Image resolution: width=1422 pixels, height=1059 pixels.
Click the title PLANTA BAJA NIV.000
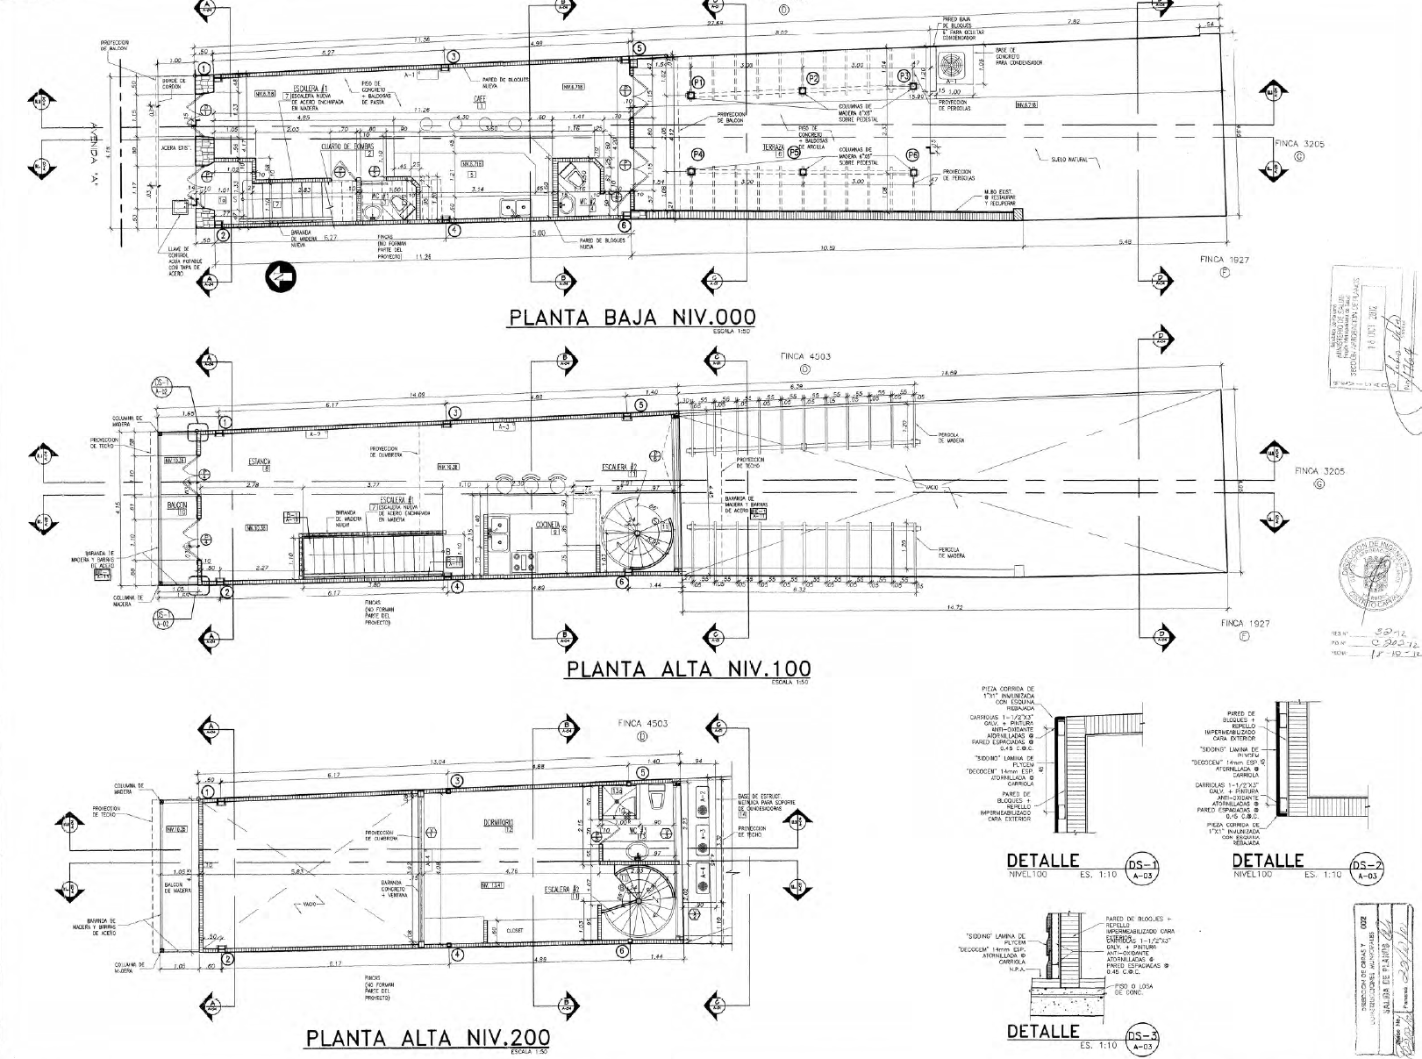[x=631, y=317]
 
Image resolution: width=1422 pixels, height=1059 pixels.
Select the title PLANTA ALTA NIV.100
[x=688, y=669]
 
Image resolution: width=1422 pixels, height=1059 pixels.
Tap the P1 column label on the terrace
[x=698, y=82]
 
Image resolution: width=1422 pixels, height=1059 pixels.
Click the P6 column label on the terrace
[x=912, y=154]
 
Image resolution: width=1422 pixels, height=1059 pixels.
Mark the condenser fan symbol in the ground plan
[x=952, y=65]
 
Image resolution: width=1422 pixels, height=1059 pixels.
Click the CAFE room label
[x=480, y=98]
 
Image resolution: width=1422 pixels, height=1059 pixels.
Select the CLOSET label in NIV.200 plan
[x=515, y=931]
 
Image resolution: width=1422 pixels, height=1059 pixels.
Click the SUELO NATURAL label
[x=1068, y=161]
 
